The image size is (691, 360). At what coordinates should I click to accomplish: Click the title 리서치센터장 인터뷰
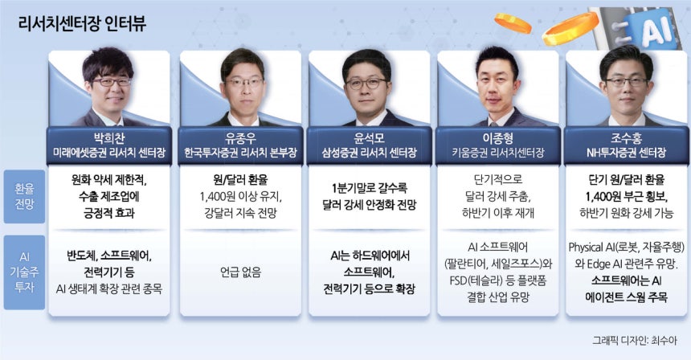[x=82, y=23]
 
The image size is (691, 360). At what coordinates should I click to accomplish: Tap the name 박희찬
[x=108, y=138]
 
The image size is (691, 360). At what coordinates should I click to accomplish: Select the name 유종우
[x=240, y=138]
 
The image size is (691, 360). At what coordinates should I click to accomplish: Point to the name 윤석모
[x=369, y=138]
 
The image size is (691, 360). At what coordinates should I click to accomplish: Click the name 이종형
[x=497, y=138]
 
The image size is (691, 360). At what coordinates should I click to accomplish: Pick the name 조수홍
[x=626, y=138]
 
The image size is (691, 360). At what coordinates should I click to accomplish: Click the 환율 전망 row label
[x=24, y=196]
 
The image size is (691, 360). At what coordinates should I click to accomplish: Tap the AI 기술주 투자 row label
[x=24, y=272]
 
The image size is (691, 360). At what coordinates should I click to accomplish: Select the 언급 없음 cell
[x=240, y=272]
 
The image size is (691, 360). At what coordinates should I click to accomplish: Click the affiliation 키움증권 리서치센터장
[x=497, y=153]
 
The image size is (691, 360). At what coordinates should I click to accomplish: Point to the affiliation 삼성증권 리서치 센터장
[x=369, y=153]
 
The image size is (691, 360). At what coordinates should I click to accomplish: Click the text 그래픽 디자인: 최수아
[x=634, y=341]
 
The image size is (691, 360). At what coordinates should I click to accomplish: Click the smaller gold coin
[x=513, y=23]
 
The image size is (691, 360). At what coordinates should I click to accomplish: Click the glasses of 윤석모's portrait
[x=366, y=84]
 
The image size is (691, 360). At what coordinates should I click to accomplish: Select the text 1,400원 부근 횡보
[x=626, y=197]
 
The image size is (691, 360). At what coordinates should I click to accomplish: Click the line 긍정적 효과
[x=108, y=213]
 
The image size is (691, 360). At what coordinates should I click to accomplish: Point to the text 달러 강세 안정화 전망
[x=369, y=205]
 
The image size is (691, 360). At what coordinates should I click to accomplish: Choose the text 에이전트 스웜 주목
[x=626, y=297]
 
